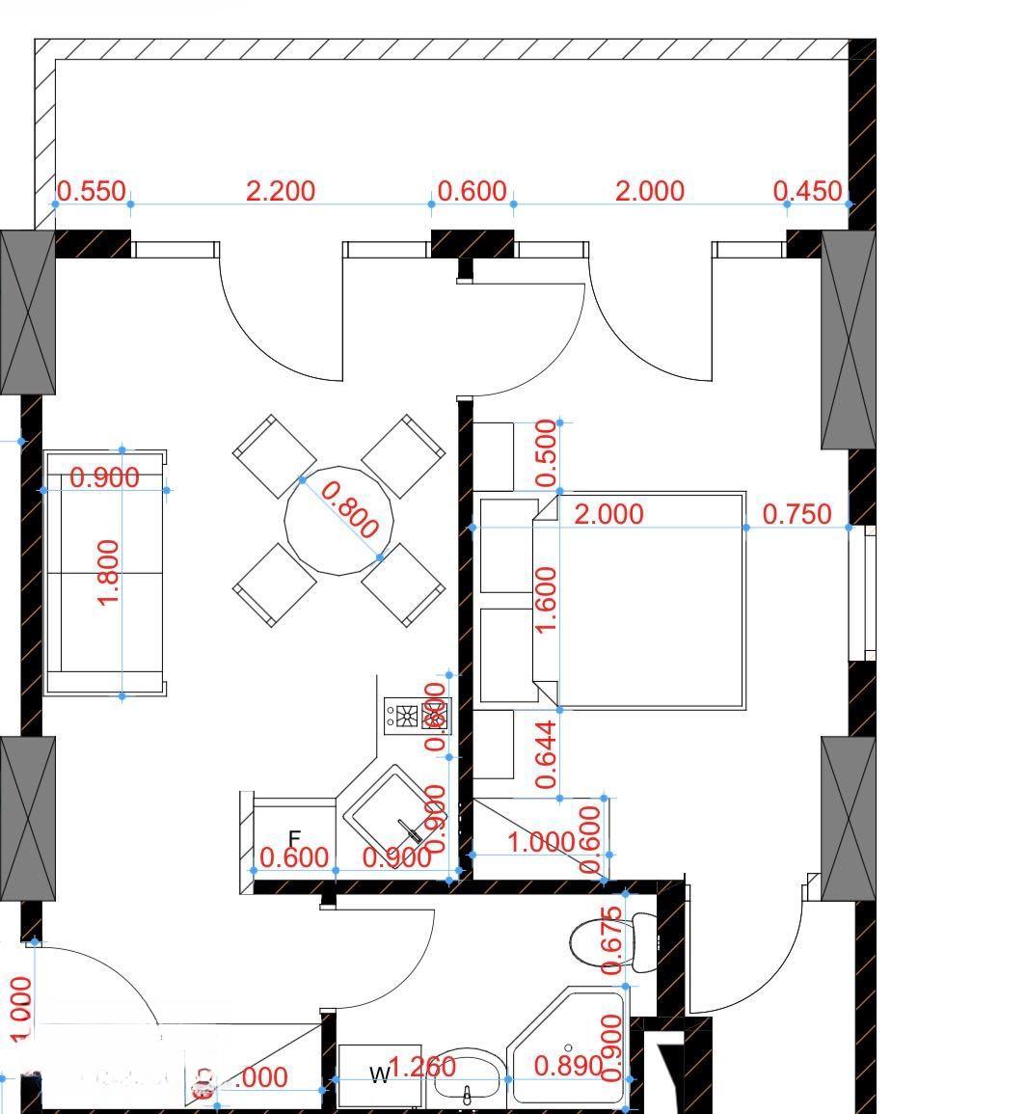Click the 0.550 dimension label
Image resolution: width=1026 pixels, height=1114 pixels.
pyautogui.click(x=92, y=191)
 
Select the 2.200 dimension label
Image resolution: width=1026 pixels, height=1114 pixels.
pyautogui.click(x=280, y=191)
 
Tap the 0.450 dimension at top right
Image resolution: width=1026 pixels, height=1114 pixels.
pyautogui.click(x=808, y=191)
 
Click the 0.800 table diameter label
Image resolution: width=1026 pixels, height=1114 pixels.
pyautogui.click(x=348, y=509)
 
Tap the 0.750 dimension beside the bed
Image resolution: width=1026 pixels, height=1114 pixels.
pyautogui.click(x=796, y=514)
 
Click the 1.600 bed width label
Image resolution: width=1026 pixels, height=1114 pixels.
pyautogui.click(x=546, y=600)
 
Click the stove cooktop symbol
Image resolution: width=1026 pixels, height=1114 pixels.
pyautogui.click(x=417, y=716)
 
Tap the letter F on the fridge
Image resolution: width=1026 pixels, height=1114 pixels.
pyautogui.click(x=295, y=838)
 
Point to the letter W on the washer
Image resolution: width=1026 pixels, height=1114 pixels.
pyautogui.click(x=381, y=1073)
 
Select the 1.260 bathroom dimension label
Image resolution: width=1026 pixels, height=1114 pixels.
pyautogui.click(x=422, y=1067)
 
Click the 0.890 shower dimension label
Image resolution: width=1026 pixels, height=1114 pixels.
pyautogui.click(x=568, y=1066)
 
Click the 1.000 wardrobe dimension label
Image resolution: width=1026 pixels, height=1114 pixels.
pyautogui.click(x=540, y=842)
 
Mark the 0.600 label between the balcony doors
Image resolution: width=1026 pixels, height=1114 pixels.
pyautogui.click(x=472, y=191)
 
